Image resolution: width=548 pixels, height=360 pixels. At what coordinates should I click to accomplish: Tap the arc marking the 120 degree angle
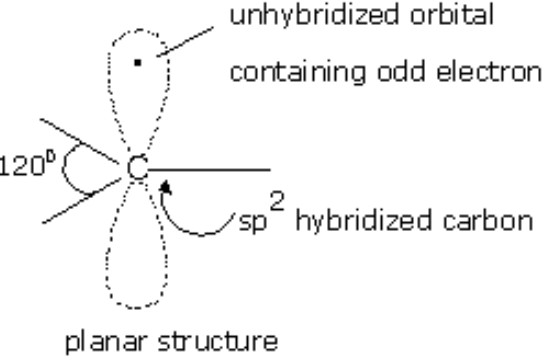tap(63, 170)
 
